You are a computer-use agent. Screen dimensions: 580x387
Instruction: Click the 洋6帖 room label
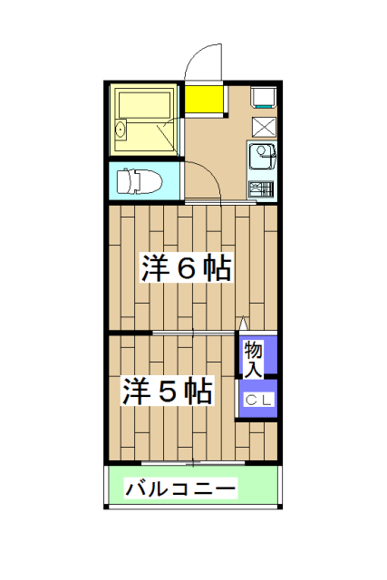tap(185, 269)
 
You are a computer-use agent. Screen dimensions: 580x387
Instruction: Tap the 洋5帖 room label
tap(168, 391)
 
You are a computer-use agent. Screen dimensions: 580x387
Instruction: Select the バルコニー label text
tap(180, 489)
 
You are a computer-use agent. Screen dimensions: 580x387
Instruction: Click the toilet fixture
tap(140, 180)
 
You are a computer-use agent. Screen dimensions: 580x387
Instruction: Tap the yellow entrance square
tap(204, 100)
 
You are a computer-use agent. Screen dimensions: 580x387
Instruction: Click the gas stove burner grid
tap(261, 189)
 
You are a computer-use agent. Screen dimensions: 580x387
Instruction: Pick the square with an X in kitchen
tap(263, 126)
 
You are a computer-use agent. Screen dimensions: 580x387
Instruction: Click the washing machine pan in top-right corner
tap(263, 95)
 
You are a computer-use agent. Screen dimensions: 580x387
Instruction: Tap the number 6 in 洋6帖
tap(185, 269)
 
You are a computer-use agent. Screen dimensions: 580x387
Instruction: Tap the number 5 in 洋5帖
tap(168, 391)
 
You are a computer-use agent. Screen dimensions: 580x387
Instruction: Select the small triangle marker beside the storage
tap(242, 324)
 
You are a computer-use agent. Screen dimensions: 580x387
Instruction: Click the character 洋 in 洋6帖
tap(154, 269)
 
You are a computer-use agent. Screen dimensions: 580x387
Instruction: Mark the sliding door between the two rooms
tap(195, 333)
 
